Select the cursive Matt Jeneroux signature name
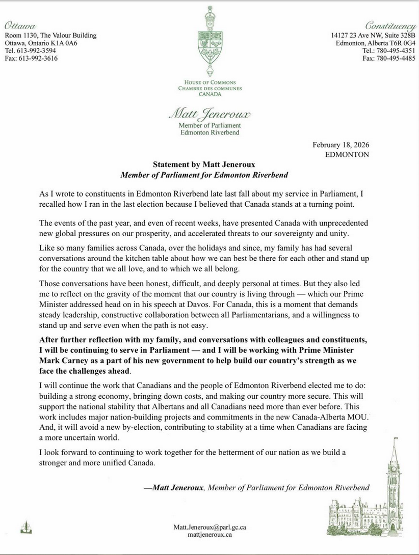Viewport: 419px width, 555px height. pos(209,114)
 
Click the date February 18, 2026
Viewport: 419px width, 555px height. pos(341,146)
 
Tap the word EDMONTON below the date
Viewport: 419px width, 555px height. pos(347,155)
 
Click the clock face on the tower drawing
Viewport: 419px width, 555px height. pos(394,467)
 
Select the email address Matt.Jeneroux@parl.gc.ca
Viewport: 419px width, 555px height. pos(209,527)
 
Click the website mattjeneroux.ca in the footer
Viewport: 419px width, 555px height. pos(209,535)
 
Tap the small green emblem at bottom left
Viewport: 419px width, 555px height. pos(22,527)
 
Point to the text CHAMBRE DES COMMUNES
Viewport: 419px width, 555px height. pos(209,88)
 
